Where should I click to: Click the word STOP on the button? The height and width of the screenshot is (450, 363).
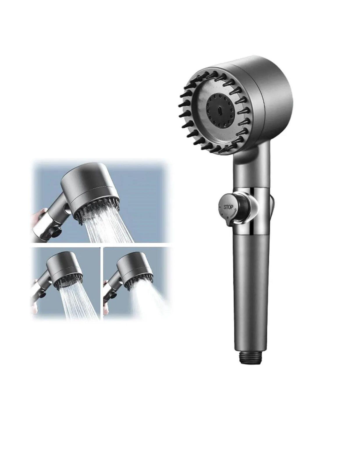[228, 207]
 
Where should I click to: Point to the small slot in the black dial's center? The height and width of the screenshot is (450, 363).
[219, 111]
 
